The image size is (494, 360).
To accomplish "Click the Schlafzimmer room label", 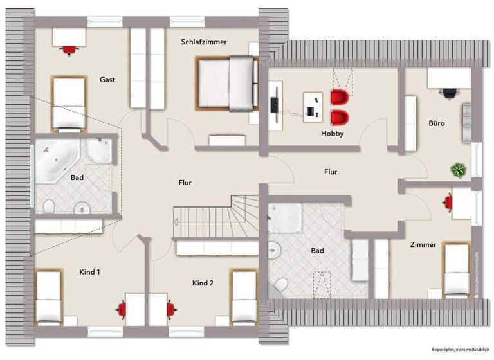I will coord(204,42).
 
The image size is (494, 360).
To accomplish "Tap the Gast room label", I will coord(107,80).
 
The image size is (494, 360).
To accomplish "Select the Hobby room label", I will coord(333,134).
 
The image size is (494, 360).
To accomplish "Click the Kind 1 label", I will coord(89,272).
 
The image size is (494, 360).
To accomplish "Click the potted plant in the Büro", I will coord(458,170).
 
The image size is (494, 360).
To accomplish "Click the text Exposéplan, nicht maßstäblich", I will coord(457,348).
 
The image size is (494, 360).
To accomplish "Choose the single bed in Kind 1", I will coord(48,296).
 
